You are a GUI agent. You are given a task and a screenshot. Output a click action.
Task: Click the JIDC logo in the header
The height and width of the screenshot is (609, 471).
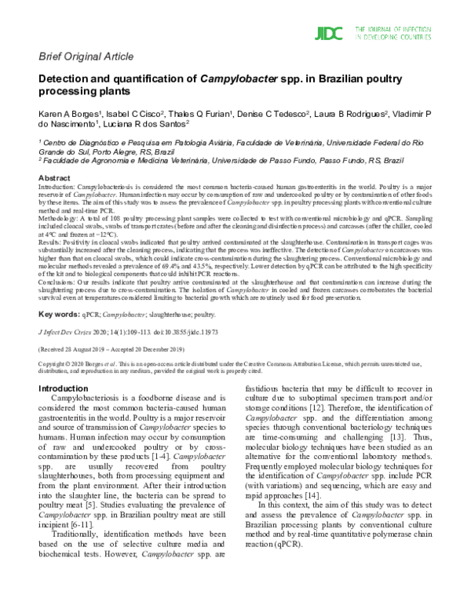tap(330, 33)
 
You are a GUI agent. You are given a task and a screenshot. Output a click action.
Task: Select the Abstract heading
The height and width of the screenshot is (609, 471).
tap(54, 179)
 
